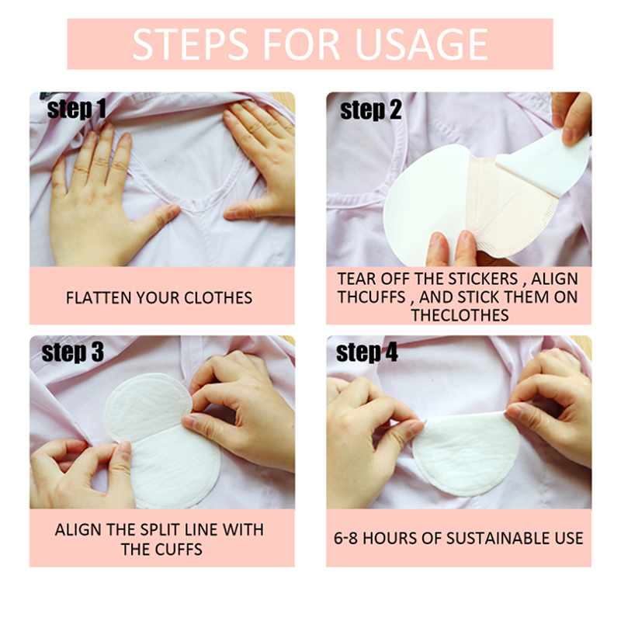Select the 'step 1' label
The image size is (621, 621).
76,109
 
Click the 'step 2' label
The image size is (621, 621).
371,110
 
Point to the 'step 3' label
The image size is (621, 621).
72,352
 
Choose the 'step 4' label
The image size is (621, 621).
366,352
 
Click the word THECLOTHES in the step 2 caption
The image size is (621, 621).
460,315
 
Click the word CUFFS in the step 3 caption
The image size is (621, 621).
179,550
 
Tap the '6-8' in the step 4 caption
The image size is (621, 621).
346,538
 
